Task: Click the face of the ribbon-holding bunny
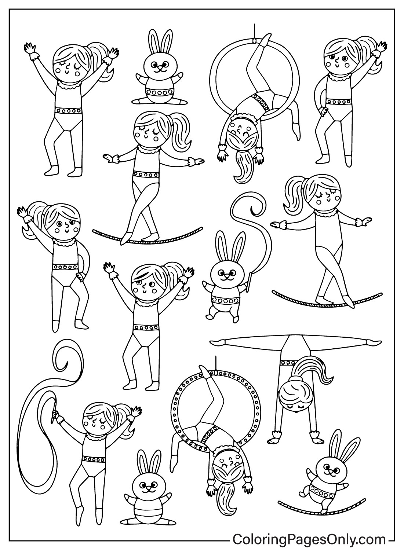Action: click(x=226, y=272)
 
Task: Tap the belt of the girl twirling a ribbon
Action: click(x=94, y=459)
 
